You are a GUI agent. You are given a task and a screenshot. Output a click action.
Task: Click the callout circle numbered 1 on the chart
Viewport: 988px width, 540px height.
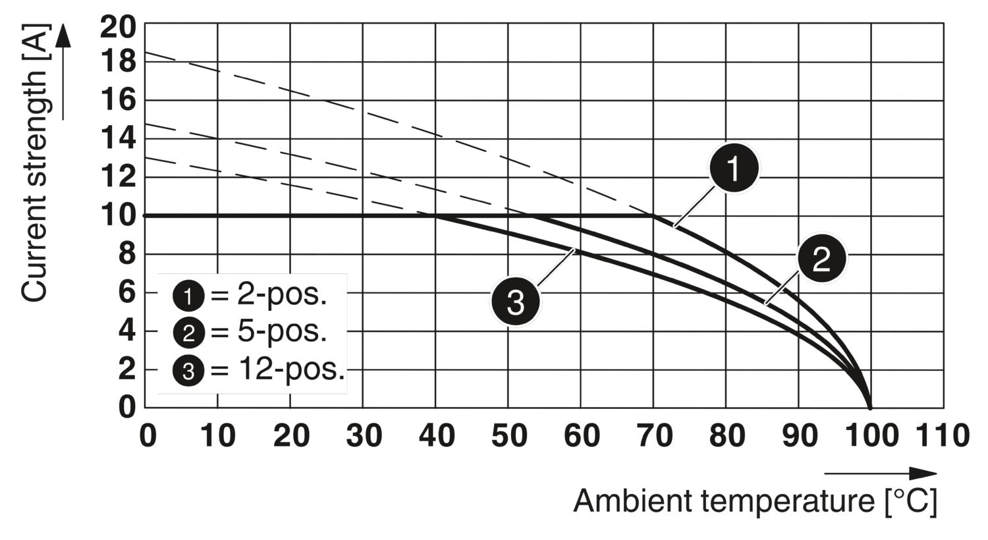coord(734,169)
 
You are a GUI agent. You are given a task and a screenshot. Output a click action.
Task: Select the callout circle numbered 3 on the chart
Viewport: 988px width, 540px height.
coord(515,303)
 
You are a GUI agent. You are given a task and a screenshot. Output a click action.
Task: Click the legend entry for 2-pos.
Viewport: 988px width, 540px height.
coord(250,296)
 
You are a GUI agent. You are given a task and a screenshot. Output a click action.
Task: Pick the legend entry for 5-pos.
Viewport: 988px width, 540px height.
coord(250,333)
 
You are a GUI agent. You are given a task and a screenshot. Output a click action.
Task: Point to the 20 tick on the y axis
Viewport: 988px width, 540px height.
coord(118,26)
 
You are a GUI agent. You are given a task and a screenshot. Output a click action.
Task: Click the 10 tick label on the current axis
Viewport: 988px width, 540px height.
coord(118,215)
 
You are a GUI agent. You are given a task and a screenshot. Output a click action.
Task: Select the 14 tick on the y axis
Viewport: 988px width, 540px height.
coord(118,139)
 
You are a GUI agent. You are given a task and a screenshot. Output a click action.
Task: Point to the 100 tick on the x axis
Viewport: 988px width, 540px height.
coord(870,436)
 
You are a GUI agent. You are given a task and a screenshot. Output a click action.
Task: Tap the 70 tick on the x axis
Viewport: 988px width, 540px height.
coord(654,436)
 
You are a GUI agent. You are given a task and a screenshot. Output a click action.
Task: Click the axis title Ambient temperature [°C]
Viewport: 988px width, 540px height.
coord(755,501)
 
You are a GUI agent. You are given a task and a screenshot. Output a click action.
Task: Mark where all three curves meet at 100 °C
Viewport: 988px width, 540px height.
coord(870,407)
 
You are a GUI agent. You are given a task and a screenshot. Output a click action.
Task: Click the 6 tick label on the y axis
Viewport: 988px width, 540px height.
coord(127,292)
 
